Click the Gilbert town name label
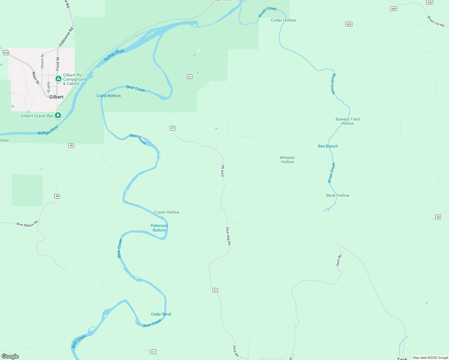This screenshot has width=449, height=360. coord(56,97)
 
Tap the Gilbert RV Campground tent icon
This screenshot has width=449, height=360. coord(59,79)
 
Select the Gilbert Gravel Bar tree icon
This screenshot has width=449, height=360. coord(58,115)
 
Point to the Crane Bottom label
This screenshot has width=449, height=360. coord(109,96)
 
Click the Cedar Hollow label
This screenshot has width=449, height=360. coord(283,20)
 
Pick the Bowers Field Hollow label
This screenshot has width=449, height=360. coord(347,121)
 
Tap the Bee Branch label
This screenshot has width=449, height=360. coord(328,146)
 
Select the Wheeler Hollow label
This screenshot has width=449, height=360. coord(287,160)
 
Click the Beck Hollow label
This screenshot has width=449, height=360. coord(338,195)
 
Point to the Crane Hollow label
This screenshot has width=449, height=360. coord(167,212)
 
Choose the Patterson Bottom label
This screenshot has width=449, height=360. coord(159,228)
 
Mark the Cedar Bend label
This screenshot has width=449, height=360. coord(161,314)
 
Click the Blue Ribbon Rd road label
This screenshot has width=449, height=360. coord(27,224)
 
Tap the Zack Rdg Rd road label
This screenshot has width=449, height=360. coord(228,236)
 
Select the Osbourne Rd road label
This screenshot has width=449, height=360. coord(66,37)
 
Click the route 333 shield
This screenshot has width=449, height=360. coord(6,53)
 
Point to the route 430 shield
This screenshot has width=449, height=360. coord(429,2)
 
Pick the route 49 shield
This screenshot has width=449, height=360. coord(438,217)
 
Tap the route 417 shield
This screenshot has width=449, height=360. coord(153,352)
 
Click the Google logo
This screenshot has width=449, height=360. coord(10,356)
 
